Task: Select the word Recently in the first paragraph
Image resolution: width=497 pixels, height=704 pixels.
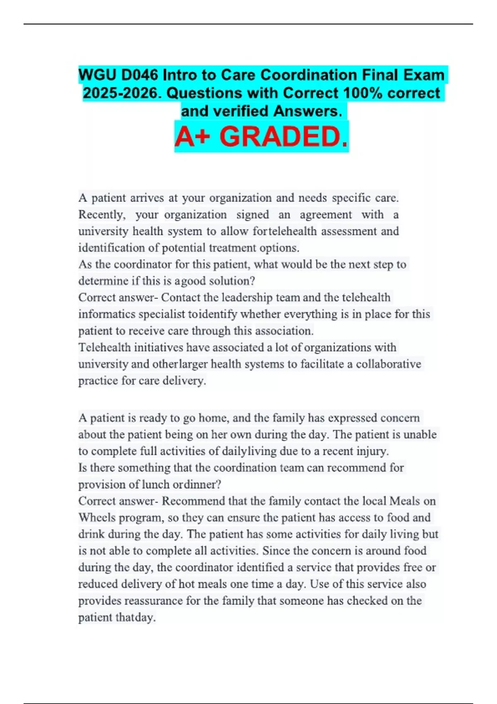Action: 101,215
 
